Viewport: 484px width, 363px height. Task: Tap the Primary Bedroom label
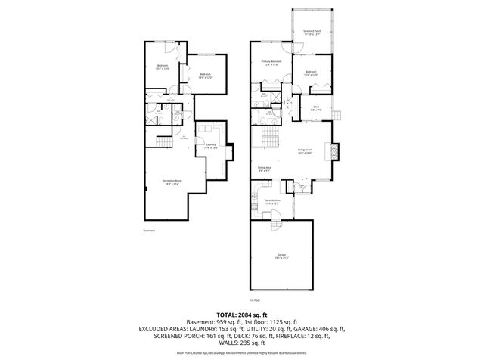pos(271,62)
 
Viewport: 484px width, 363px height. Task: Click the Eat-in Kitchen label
pos(271,202)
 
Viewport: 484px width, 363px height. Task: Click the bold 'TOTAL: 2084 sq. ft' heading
pos(242,314)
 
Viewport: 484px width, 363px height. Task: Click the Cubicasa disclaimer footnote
pos(242,352)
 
